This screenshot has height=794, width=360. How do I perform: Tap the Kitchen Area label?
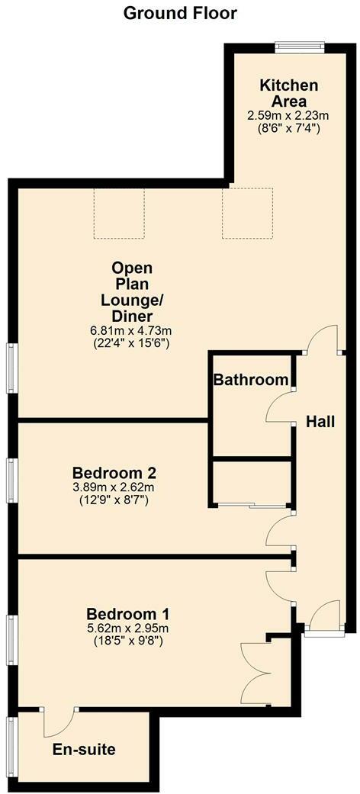coord(283,92)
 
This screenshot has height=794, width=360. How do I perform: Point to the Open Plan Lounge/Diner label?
coord(132,292)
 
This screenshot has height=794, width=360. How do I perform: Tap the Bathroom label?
coord(251,380)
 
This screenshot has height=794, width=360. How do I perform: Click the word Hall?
coord(320,421)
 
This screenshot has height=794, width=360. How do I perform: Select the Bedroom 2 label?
coord(114,472)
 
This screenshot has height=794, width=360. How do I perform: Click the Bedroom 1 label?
coord(128,614)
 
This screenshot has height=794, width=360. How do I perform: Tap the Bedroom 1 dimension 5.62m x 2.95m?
coord(127,628)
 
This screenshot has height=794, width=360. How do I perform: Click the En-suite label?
coord(84,750)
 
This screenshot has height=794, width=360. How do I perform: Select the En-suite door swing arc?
coord(59,725)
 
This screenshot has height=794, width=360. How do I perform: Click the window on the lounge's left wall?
coord(12,368)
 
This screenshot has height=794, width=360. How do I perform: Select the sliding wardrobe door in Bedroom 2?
coord(251,505)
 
